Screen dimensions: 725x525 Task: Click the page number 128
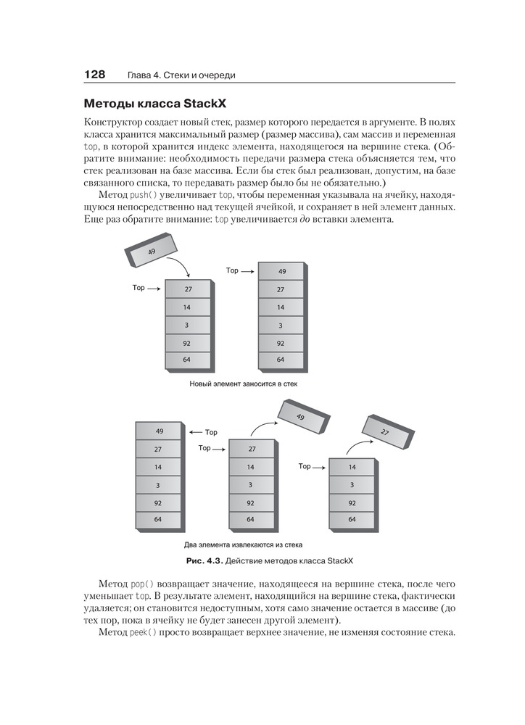pos(95,74)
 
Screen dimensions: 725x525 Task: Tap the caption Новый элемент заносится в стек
pos(243,384)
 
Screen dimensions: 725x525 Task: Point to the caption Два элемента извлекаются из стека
pos(243,544)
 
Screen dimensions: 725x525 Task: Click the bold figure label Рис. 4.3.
pos(204,561)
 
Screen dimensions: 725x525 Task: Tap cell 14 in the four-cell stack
pos(352,467)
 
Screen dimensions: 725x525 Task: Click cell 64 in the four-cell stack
pos(352,519)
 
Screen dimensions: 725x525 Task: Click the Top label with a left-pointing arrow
pos(211,433)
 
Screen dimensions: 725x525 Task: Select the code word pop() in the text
pos(142,584)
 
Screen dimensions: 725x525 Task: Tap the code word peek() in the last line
pos(144,633)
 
